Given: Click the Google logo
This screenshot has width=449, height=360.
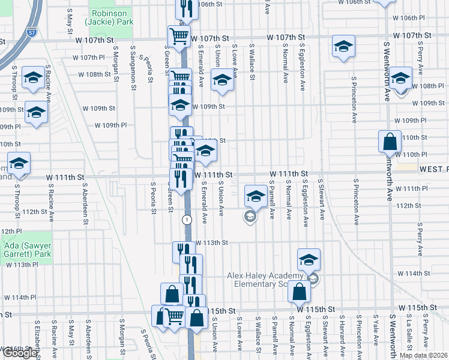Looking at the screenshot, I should coord(20,353).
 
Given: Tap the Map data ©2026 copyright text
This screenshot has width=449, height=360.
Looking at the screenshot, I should coord(423,355).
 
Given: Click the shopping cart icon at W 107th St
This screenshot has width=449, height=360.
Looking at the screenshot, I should coord(178,37).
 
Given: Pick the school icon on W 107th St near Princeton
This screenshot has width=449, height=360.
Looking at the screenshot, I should coord(343,47).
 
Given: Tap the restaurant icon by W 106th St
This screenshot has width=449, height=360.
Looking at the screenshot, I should coord(186,8).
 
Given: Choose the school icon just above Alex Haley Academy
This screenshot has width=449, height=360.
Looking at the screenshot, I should coord(309,260).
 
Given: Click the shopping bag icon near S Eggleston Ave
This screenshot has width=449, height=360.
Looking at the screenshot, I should coord(299,293).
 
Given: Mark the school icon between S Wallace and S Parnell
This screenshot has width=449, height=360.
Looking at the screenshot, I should coord(256,196).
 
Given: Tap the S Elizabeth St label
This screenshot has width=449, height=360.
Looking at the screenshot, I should coord(37,339).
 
